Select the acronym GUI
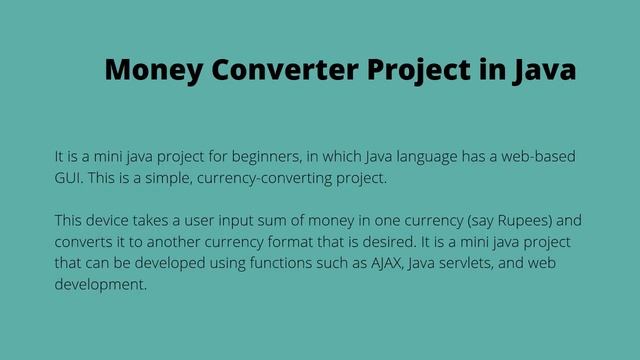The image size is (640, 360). point(67,180)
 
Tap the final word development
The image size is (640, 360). point(100,284)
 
